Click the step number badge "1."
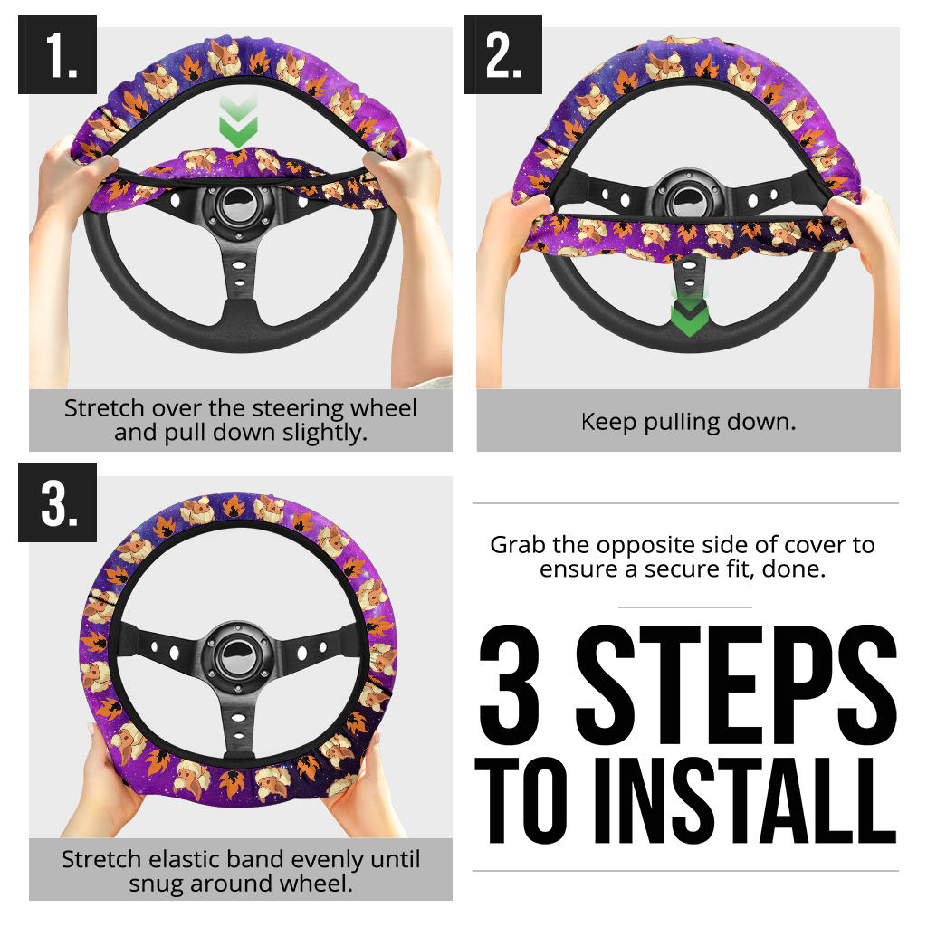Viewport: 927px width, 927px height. point(57,54)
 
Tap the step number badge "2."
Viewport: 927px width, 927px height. point(502,54)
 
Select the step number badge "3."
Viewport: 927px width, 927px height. point(57,502)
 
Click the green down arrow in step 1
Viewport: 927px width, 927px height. point(238,122)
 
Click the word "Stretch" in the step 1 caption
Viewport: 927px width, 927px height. point(104,408)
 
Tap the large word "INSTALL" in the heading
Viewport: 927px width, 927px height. point(746,800)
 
